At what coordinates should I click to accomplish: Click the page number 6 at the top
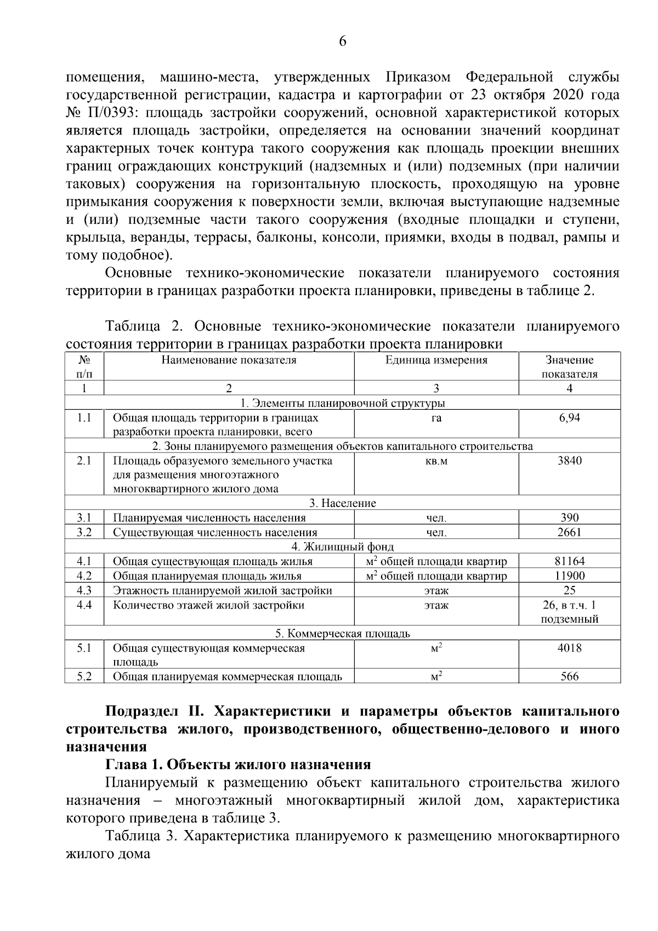(343, 42)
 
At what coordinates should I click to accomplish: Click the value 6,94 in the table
(569, 418)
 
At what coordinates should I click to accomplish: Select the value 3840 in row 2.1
(569, 461)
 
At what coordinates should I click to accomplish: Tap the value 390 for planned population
(569, 518)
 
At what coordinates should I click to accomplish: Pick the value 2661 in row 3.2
(569, 532)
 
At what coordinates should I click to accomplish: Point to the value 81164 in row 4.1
(569, 561)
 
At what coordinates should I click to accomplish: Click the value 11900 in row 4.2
(569, 576)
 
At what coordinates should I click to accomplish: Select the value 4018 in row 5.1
(569, 648)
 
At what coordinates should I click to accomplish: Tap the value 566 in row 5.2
(569, 676)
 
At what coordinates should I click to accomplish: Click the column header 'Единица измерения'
(436, 360)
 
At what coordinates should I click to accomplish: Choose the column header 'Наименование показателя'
(229, 360)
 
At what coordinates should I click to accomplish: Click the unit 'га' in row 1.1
(436, 418)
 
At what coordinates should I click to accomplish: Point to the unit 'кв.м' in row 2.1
(436, 461)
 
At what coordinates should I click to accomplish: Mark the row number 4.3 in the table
(84, 590)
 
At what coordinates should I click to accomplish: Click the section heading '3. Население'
(343, 503)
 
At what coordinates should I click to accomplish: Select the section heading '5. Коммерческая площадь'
(343, 634)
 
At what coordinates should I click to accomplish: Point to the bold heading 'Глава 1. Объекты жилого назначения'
(238, 764)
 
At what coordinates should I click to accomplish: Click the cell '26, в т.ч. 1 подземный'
(569, 612)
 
